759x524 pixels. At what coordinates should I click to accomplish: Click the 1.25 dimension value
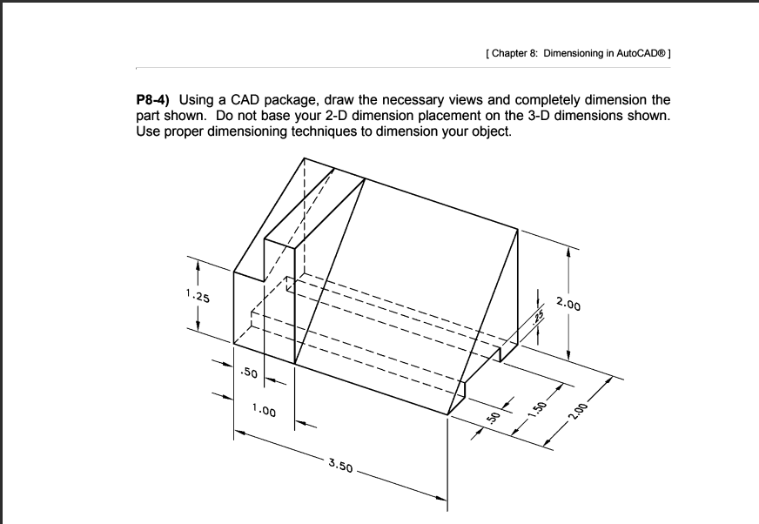point(197,298)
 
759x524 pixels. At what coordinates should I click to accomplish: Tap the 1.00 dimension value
point(264,410)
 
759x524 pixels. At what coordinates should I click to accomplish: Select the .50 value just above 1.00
point(248,373)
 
